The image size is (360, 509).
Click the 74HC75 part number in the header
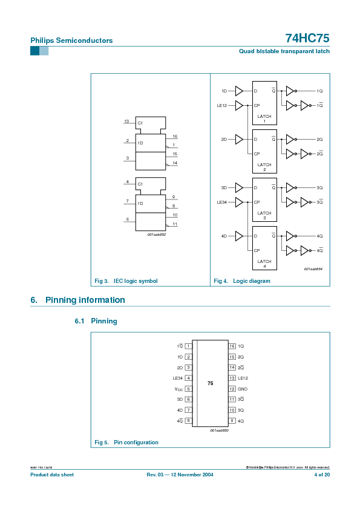coord(307,38)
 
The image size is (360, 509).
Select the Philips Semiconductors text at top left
coord(71,41)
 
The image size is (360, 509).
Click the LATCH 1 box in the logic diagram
coord(264,103)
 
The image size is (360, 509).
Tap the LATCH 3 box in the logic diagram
coord(264,199)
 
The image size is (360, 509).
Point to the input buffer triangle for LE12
coord(239,105)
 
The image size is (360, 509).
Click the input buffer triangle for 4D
coord(239,236)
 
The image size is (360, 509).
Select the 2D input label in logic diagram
coord(224,140)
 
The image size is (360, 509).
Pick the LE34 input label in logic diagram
coord(222,202)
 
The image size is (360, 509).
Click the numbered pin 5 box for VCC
coord(189,389)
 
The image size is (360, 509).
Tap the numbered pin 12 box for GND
coord(232,389)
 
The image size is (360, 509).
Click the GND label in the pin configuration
coord(242,389)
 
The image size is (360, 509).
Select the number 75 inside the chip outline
coord(210,384)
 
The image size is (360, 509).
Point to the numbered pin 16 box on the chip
coord(232,346)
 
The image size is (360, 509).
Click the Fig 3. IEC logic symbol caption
coord(126,281)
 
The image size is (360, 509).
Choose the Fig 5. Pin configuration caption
coord(127,443)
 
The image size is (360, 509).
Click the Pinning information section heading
coord(85,300)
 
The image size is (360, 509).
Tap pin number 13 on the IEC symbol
coord(126,122)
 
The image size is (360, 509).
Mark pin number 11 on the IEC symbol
coord(174,224)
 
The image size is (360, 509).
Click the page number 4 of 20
coord(321,475)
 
